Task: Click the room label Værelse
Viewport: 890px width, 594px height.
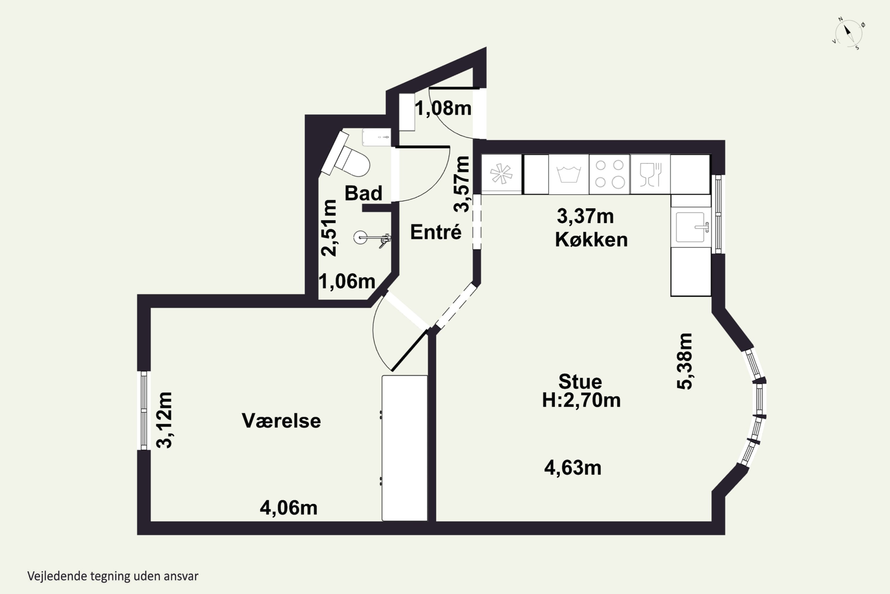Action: pyautogui.click(x=281, y=421)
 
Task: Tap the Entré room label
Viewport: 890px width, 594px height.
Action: pyautogui.click(x=436, y=232)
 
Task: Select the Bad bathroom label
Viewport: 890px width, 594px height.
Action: pyautogui.click(x=363, y=193)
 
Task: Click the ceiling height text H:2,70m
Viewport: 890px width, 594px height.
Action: pyautogui.click(x=581, y=400)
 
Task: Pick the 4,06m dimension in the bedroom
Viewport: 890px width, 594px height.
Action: pyautogui.click(x=288, y=508)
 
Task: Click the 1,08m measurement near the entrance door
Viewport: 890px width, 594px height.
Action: pyautogui.click(x=443, y=108)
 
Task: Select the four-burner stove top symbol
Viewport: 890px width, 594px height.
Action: pyautogui.click(x=609, y=174)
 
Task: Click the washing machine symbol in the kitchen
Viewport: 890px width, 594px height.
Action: pyautogui.click(x=569, y=174)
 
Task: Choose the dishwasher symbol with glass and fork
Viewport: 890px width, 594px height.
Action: pyautogui.click(x=650, y=174)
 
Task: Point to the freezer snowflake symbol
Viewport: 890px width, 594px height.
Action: pyautogui.click(x=501, y=174)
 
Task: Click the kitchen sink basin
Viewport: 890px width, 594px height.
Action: pyautogui.click(x=690, y=227)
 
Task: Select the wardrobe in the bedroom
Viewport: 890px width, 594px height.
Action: pyautogui.click(x=405, y=448)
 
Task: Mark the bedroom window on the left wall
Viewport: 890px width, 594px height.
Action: pyautogui.click(x=144, y=410)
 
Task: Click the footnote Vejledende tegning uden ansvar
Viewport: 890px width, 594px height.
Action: pyautogui.click(x=113, y=576)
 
